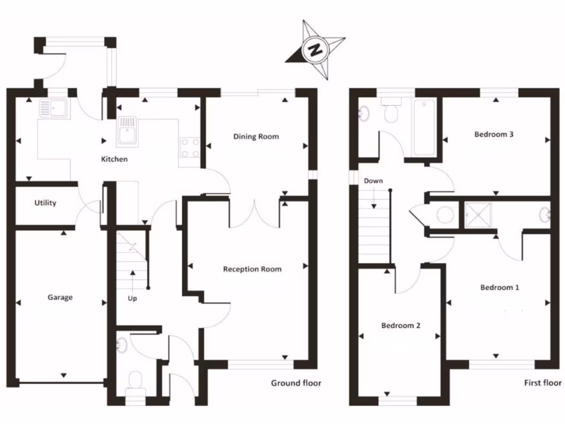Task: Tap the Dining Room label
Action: coord(256,137)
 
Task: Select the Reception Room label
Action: coord(252,269)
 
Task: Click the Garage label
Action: coord(60,298)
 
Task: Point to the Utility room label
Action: coord(45,203)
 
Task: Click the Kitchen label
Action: coord(114,159)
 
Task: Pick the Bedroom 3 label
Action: coord(494,135)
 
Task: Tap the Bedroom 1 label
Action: coord(500,288)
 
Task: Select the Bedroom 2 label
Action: coord(401,326)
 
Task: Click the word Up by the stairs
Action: coord(132,299)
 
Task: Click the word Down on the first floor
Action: coord(374,181)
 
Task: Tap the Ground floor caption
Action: coord(296,383)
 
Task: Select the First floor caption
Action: coord(543,383)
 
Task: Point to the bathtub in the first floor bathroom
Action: coord(424,128)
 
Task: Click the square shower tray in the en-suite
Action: coord(478,215)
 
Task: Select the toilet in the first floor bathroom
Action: coord(391,110)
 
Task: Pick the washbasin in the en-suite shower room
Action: coord(545,215)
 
